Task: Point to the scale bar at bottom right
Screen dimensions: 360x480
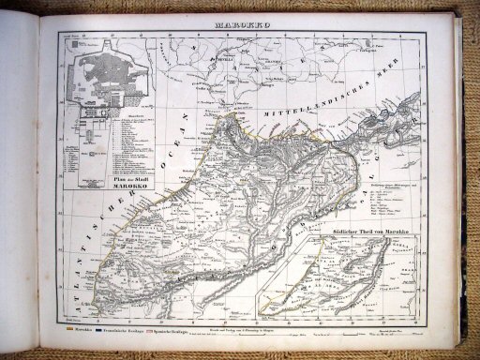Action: pos(394,330)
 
